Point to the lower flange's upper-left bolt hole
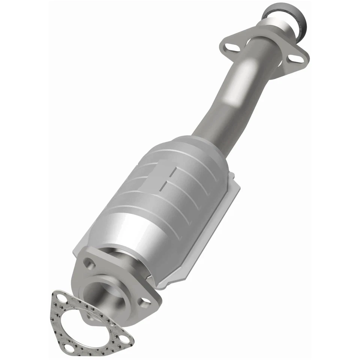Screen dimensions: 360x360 point(89,263)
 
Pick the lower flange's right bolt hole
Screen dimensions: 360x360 point(144,301)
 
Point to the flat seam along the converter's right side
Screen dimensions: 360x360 point(210,229)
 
